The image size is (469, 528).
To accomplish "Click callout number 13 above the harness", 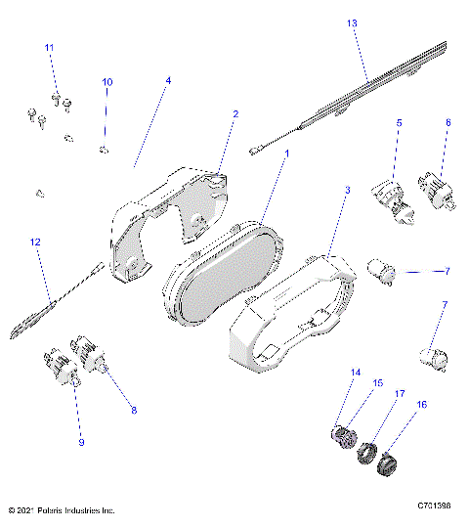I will (x=352, y=22).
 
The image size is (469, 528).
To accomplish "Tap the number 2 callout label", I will (x=234, y=114).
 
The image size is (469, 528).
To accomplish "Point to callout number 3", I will (x=168, y=80).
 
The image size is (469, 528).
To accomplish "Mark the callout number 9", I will (x=82, y=443).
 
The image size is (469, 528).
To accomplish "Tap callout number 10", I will (x=107, y=82).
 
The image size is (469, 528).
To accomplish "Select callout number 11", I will (x=50, y=48).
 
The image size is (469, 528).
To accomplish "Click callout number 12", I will (x=35, y=242).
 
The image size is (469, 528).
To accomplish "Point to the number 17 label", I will (x=400, y=394).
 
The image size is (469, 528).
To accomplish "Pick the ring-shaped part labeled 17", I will (x=369, y=453).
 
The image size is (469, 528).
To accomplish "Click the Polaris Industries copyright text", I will (x=61, y=509).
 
